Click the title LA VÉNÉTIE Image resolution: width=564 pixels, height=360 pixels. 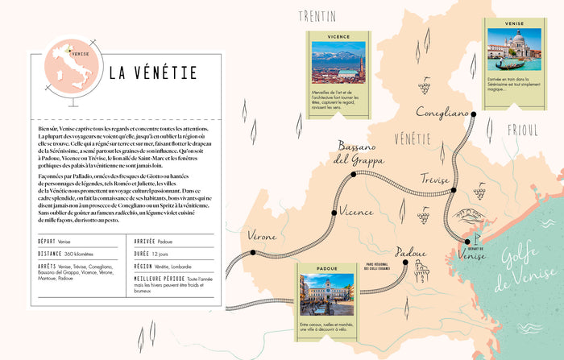point(153,73)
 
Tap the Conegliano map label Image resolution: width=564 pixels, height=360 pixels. point(442,113)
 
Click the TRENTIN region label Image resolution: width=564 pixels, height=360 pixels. point(317,16)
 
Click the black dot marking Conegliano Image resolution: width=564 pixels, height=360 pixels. point(473,115)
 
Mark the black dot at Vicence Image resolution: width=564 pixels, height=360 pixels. point(334,213)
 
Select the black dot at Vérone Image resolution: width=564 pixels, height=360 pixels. point(252,252)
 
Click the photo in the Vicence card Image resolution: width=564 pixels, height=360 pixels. point(338,61)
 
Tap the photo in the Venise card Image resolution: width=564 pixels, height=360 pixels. point(515,50)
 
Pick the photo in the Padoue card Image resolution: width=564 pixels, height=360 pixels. point(327,294)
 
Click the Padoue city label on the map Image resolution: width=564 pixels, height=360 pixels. point(411,252)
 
